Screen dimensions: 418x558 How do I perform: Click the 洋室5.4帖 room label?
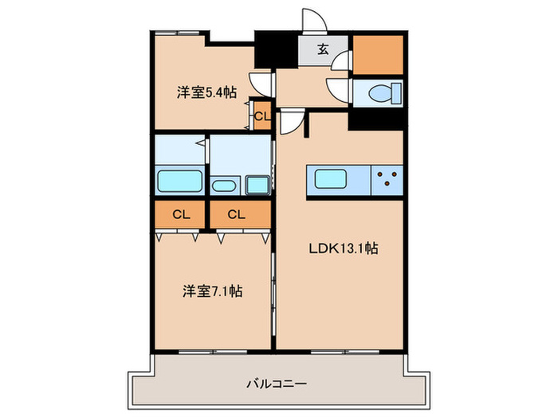pos(206,92)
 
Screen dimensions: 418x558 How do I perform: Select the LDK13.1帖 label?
pos(343,248)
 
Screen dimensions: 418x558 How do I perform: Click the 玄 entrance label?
pos(323,49)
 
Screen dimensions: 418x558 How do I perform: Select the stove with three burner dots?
pos(388,178)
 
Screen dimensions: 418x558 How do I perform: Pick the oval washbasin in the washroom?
pos(224,186)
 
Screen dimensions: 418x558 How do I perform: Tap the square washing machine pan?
pos(258,184)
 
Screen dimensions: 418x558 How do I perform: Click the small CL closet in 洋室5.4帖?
pos(261,116)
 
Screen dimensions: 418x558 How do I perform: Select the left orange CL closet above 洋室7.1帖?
pos(180,213)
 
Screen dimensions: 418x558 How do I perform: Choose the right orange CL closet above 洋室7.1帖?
pos(236,213)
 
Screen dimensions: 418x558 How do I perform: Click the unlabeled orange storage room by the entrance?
pos(378,53)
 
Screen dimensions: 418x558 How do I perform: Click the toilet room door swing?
pos(340,88)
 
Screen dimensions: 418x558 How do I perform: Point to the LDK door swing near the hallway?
pos(293,123)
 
